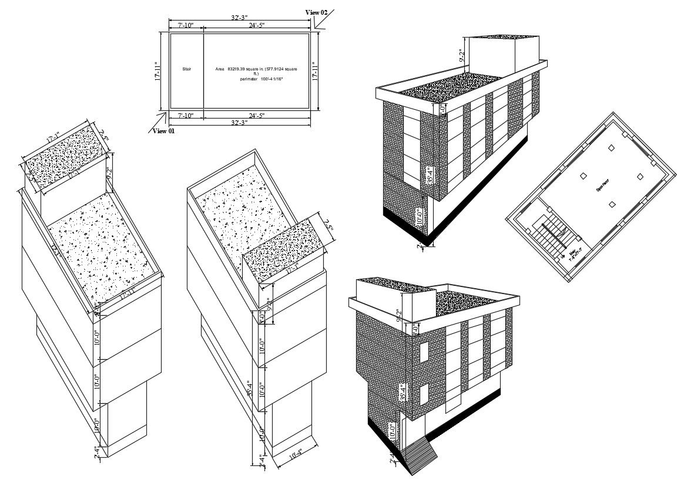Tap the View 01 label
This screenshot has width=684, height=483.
click(x=163, y=131)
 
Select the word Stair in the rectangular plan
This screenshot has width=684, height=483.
click(x=186, y=69)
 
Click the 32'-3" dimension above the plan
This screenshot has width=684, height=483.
click(x=238, y=18)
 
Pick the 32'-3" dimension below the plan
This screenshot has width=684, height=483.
click(x=238, y=123)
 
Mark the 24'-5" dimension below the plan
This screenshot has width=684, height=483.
click(x=257, y=115)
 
